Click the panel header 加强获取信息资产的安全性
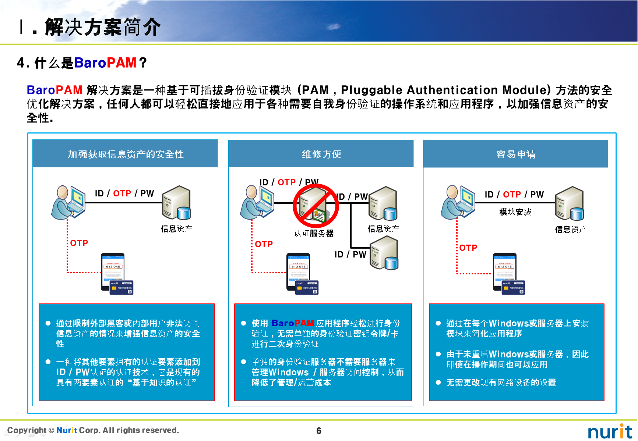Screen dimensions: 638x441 tap(126, 154)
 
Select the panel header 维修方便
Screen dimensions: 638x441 tap(321, 154)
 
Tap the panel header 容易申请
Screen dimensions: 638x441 tap(516, 154)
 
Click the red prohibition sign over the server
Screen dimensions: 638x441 tap(316, 206)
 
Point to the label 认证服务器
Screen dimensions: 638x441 tap(314, 233)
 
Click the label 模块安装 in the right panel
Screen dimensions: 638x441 tap(515, 212)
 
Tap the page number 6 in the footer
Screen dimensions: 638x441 tap(319, 431)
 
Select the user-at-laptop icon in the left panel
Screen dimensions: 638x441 tap(69, 203)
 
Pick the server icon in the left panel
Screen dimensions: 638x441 tap(176, 203)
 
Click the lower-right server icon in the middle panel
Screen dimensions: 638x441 tap(384, 253)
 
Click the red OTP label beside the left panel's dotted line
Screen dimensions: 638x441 tap(79, 243)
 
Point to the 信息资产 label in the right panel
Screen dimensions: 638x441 tap(571, 230)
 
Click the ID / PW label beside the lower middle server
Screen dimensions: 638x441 tap(350, 255)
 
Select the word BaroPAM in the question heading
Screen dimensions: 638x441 tap(105, 63)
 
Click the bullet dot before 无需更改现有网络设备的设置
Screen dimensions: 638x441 tap(438, 383)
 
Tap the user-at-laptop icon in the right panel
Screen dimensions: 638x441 tap(458, 203)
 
